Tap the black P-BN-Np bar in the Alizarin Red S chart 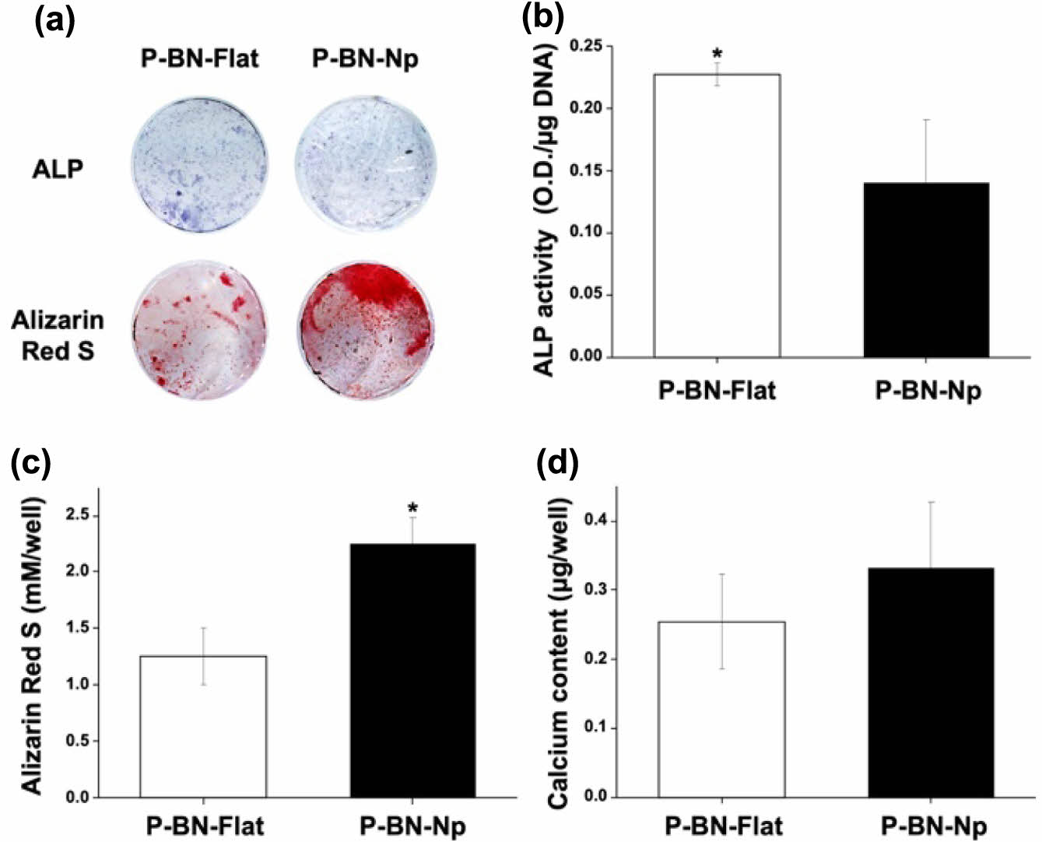tap(412, 670)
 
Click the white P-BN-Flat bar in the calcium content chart tap(722, 709)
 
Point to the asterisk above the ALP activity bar tap(717, 54)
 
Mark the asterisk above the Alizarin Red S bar tap(412, 508)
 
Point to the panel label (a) tap(55, 21)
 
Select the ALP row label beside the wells tap(58, 168)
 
